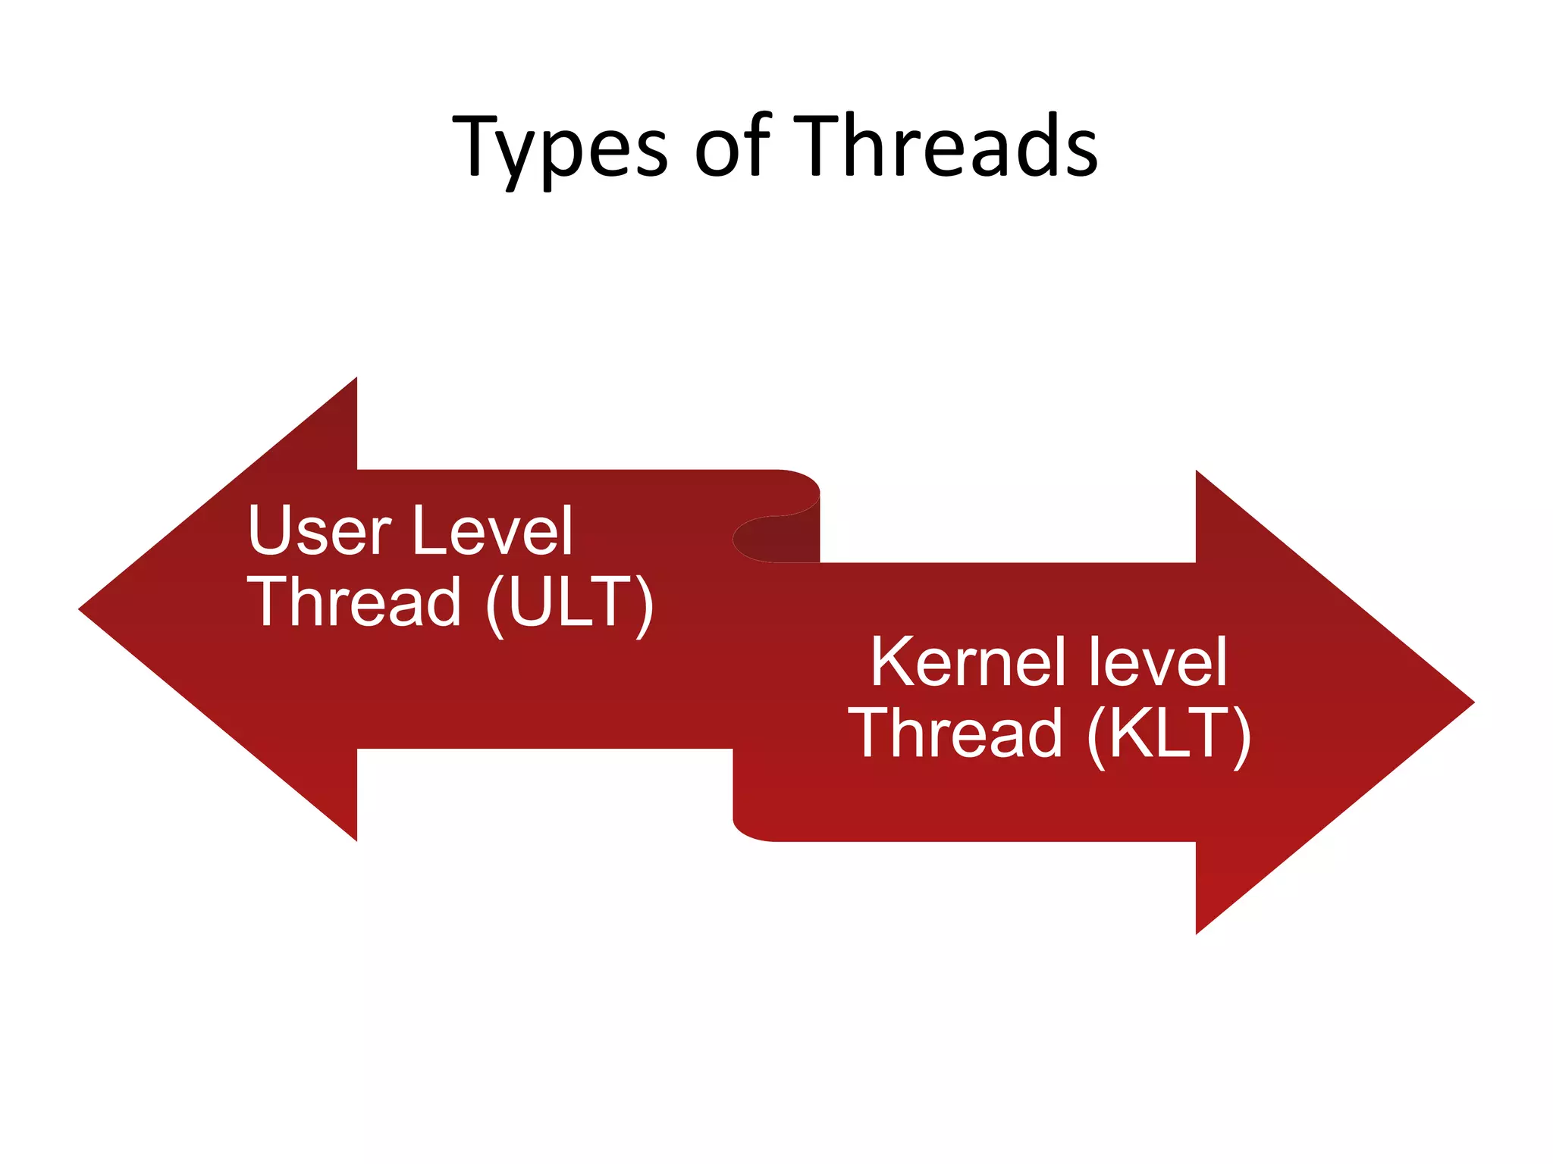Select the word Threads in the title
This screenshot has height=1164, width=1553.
click(x=948, y=145)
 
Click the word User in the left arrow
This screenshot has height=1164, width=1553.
click(x=319, y=530)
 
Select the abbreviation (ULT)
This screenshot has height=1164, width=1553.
click(x=569, y=603)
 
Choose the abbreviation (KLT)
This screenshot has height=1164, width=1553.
click(x=1169, y=734)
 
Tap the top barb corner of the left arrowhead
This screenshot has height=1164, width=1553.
click(x=356, y=380)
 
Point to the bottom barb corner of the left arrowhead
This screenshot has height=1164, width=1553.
click(x=356, y=839)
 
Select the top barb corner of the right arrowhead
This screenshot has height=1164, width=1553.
click(x=1197, y=473)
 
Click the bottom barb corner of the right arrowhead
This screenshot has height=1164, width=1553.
click(x=1197, y=932)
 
